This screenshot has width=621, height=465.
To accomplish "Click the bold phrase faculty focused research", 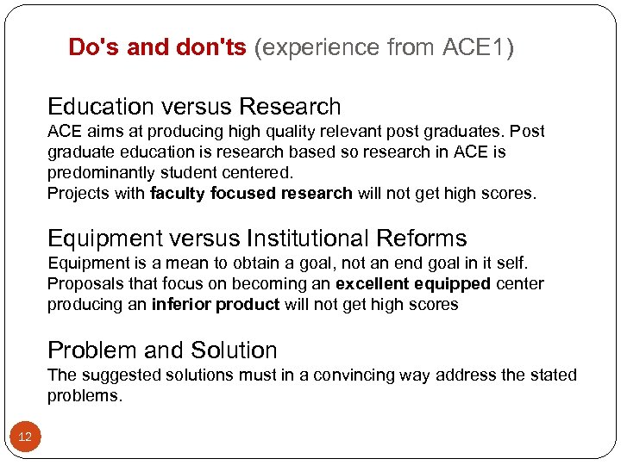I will point(251,194).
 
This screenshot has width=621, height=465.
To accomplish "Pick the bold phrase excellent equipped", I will point(413,284).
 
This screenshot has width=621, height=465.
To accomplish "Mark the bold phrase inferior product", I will point(215,305).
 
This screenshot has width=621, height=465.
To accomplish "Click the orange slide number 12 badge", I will point(25,437).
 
